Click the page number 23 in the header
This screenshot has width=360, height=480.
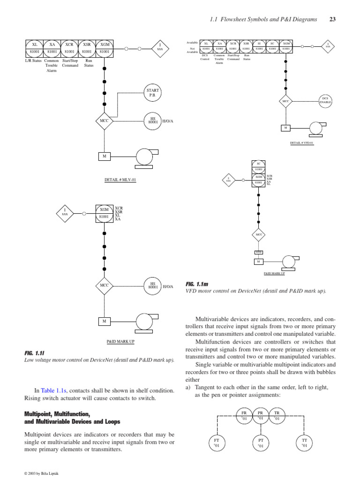(x=333, y=19)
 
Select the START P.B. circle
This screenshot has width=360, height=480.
(x=153, y=92)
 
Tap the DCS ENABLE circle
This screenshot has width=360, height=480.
(x=325, y=100)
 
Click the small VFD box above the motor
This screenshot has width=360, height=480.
(x=258, y=252)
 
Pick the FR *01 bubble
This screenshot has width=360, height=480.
(x=244, y=415)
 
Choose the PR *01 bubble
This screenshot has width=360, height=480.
(x=260, y=415)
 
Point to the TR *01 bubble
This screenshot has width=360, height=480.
(x=277, y=415)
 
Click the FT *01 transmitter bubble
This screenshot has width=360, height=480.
(x=216, y=443)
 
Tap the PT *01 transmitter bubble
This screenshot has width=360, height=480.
(x=260, y=443)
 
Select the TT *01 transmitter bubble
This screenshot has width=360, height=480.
(x=304, y=443)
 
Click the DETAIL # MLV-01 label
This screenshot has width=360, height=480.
(x=120, y=180)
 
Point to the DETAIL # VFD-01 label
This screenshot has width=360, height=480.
(x=302, y=143)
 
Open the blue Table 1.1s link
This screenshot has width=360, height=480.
(x=54, y=390)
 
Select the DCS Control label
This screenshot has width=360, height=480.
(x=205, y=57)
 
